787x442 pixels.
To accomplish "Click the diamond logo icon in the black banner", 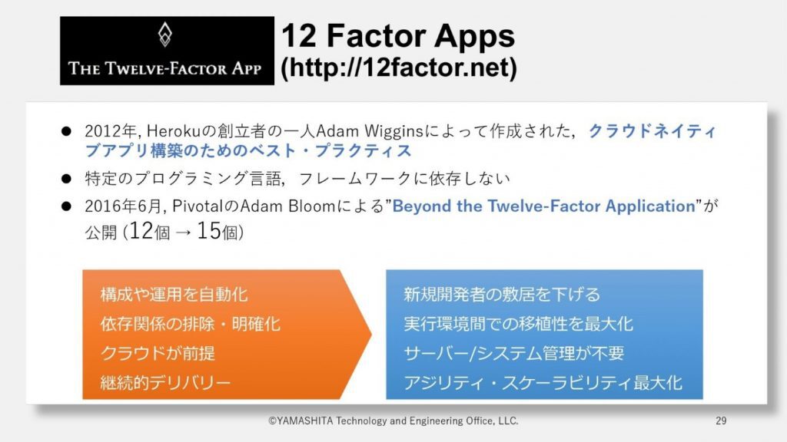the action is point(164,35).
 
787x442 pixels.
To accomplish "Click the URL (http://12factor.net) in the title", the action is point(399,68).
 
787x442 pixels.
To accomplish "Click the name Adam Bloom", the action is point(289,206).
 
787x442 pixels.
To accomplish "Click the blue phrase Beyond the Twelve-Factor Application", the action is point(543,206).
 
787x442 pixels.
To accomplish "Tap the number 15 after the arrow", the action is point(208,231).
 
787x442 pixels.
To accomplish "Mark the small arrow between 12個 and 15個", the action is point(183,233).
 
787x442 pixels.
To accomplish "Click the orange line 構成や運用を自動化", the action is point(174,294).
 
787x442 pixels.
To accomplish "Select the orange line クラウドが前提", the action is point(158,353).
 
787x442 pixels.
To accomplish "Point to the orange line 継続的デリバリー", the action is point(165,382).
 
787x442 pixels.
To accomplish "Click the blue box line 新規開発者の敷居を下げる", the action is point(502,294).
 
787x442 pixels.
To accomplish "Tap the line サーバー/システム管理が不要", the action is point(514,353).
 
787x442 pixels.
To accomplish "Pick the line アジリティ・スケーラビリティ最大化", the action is point(543,382).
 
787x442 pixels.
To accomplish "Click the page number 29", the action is point(721,421).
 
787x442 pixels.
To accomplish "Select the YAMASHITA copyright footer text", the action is point(393,421).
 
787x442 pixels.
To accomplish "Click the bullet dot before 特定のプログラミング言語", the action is point(66,178).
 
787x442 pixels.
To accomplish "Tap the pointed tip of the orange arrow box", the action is point(371,334).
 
